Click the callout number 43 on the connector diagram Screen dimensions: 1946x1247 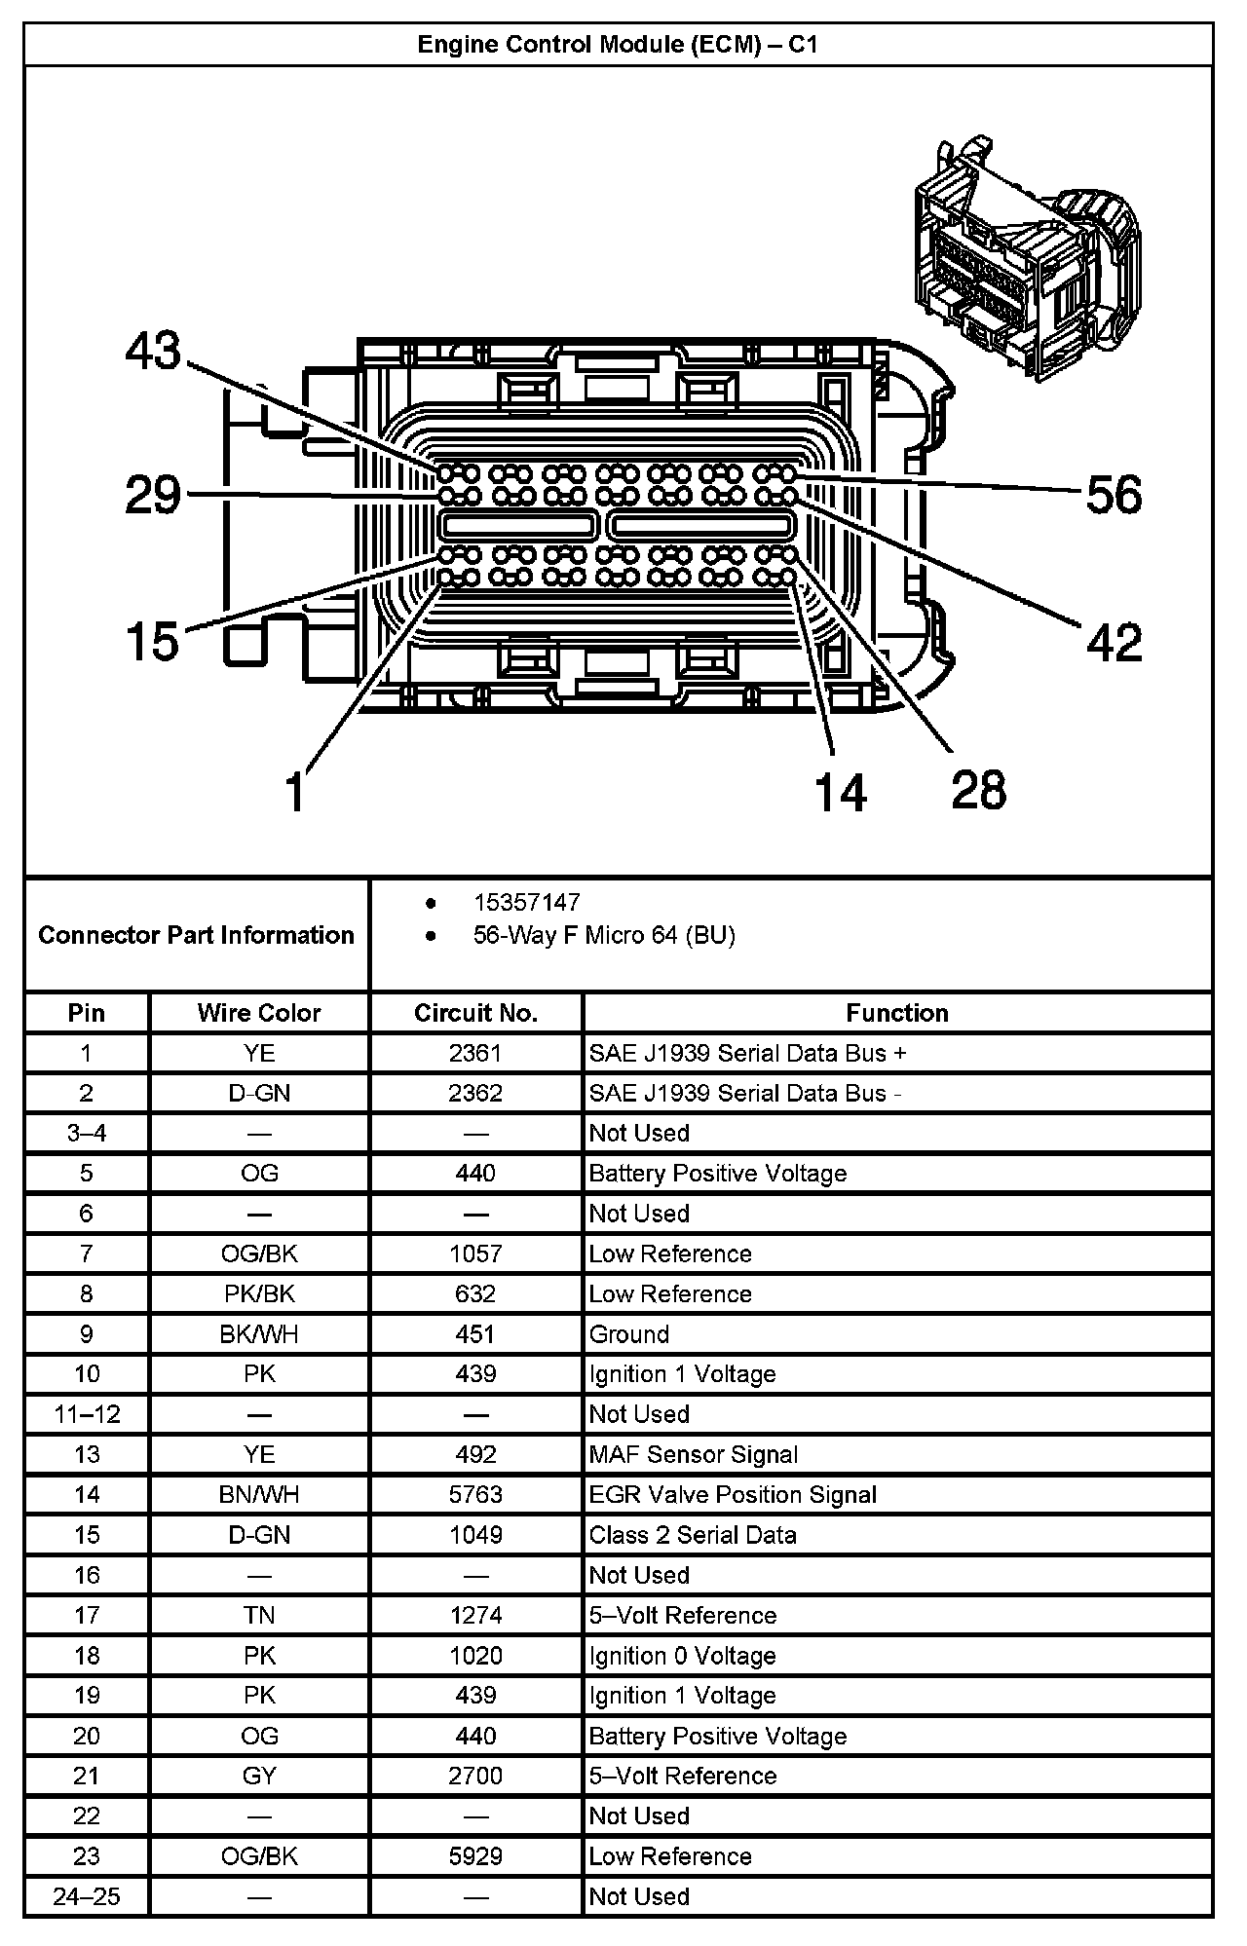[153, 351]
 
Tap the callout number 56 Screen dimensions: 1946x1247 [1114, 495]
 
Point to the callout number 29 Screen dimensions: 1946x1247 [153, 495]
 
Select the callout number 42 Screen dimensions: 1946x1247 [1114, 642]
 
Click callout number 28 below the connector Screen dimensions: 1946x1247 [978, 789]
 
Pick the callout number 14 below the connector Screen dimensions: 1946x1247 [840, 791]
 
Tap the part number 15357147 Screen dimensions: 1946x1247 [526, 903]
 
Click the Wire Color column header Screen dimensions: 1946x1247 [259, 1013]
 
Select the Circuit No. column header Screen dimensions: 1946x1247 [475, 1013]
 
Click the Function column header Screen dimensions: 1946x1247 [896, 1013]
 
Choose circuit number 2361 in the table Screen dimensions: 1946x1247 [475, 1053]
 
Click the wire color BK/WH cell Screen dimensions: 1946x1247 [259, 1334]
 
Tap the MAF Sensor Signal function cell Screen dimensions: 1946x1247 [694, 1454]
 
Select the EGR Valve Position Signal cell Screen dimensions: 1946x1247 [733, 1495]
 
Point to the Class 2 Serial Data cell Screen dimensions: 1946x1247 [693, 1535]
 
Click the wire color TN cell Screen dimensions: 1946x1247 [259, 1616]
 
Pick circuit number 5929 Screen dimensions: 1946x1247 [475, 1856]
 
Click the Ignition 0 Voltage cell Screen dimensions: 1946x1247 [682, 1656]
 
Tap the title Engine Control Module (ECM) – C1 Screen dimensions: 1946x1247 [618, 45]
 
